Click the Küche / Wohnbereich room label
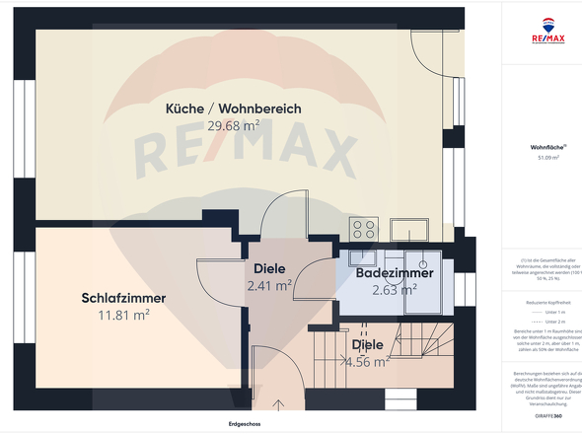[234, 108]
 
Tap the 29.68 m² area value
[234, 125]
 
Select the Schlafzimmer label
[123, 298]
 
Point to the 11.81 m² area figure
[123, 315]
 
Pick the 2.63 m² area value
[394, 290]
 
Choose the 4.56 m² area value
[368, 361]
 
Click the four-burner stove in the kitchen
[363, 229]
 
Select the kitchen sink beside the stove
[407, 229]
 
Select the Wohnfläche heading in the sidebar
[546, 147]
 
